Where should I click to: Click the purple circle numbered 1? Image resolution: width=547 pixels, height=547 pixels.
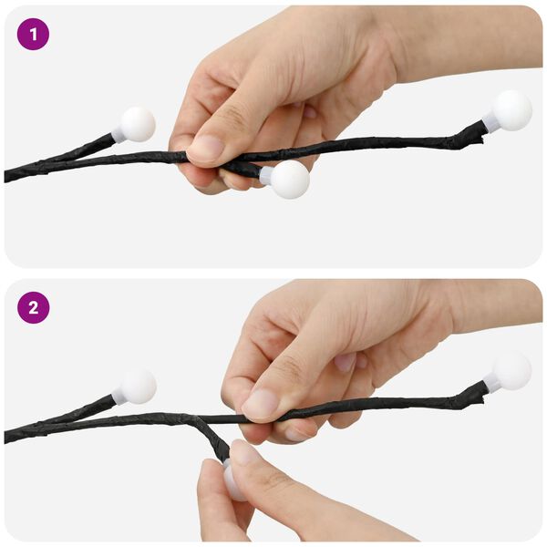point(33,35)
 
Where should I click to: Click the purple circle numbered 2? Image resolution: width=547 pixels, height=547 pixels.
point(33,308)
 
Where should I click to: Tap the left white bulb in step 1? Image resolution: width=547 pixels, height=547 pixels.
point(138,124)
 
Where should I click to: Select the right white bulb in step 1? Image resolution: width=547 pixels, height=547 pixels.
point(511,110)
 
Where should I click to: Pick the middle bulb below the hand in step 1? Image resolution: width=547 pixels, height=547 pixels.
point(290,180)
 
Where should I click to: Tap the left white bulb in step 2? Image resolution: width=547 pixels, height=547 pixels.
point(139,387)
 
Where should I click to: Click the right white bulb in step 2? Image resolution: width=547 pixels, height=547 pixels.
point(511,371)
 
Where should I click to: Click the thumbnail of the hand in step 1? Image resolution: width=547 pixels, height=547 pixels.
point(207,147)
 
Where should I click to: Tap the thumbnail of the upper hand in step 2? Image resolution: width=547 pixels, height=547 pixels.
point(261,404)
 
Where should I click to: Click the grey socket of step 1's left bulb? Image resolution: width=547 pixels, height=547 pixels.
point(118,135)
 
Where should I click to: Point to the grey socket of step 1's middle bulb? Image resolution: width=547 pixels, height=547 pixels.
point(266,175)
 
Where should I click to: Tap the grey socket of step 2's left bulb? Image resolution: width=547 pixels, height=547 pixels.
point(119,397)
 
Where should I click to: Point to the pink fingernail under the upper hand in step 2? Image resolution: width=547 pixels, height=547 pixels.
point(346,362)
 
